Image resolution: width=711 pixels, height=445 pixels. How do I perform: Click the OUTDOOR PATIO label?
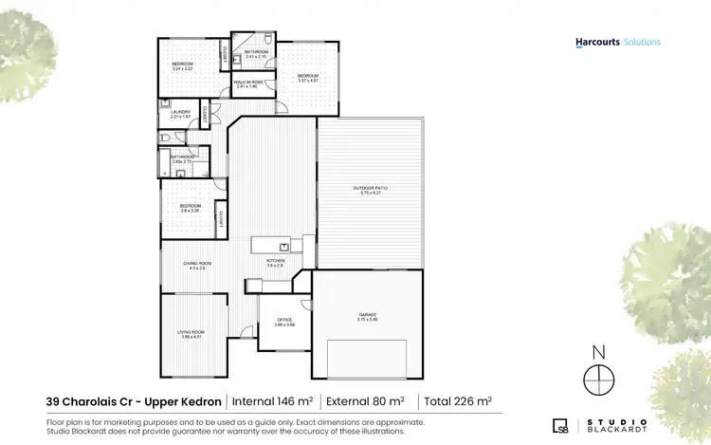371,189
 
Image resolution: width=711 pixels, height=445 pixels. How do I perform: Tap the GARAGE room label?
367,316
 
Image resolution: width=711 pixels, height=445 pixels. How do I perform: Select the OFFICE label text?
284,322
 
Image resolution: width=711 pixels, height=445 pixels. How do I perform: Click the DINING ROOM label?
198,265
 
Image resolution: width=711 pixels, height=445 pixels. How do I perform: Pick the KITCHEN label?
275,261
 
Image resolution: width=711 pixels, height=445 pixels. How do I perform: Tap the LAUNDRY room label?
181,113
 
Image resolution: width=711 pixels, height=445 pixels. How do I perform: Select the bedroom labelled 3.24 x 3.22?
182,66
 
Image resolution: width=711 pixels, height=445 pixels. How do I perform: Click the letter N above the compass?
598,352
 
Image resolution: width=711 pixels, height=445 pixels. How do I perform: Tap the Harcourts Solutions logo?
618,42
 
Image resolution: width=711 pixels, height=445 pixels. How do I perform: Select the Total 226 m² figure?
457,401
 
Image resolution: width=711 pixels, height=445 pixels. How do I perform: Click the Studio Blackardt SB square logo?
560,424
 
